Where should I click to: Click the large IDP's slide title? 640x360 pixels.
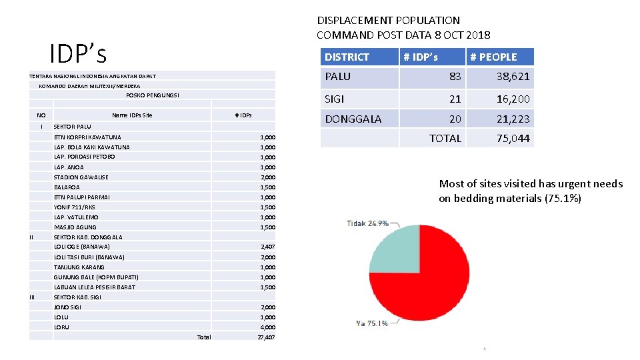pyautogui.click(x=77, y=53)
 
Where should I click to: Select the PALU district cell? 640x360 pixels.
pyautogui.click(x=337, y=77)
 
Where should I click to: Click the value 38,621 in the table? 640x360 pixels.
pyautogui.click(x=513, y=77)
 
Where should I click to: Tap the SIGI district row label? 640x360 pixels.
pyautogui.click(x=335, y=99)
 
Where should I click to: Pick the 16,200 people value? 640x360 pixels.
pyautogui.click(x=513, y=99)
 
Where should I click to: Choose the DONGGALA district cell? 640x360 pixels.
pyautogui.click(x=353, y=119)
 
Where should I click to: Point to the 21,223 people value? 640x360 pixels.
pyautogui.click(x=513, y=119)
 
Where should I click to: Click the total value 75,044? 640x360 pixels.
pyautogui.click(x=513, y=138)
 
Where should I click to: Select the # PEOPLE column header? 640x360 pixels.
pyautogui.click(x=493, y=57)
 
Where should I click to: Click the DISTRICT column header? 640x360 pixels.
pyautogui.click(x=347, y=57)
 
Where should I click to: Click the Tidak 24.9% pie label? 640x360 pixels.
pyautogui.click(x=367, y=223)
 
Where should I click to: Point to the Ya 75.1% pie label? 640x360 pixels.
pyautogui.click(x=372, y=323)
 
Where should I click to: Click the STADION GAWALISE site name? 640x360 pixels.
pyautogui.click(x=81, y=177)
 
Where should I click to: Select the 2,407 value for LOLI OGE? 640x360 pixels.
pyautogui.click(x=267, y=247)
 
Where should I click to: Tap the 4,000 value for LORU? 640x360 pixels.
pyautogui.click(x=267, y=327)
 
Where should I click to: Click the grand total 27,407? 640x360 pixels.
pyautogui.click(x=266, y=337)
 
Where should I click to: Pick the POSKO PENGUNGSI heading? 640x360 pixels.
pyautogui.click(x=152, y=95)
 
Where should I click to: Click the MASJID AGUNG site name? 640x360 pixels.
pyautogui.click(x=75, y=227)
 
